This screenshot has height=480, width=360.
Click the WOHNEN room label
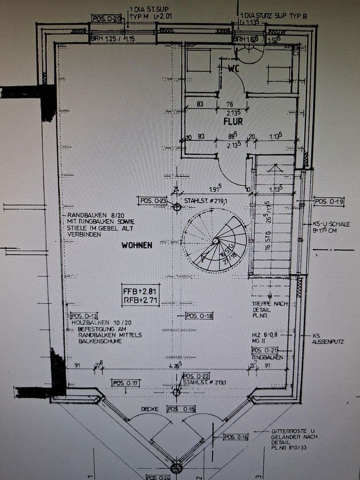coord(137,245)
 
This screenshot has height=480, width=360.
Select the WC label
coord(234,69)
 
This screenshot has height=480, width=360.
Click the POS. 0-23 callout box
coord(152,201)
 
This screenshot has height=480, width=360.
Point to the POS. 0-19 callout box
coord(329,202)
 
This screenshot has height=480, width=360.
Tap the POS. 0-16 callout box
coord(236,437)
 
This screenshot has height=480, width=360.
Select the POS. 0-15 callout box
coord(181,409)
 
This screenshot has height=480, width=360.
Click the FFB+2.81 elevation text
coord(140,292)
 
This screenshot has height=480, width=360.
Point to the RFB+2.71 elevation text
coord(140,301)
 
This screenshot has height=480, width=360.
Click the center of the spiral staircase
coord(215,241)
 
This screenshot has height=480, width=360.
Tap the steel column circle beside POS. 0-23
coord(177,207)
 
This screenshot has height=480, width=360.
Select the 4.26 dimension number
coord(175,366)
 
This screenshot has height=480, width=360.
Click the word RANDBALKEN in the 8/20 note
coord(84,215)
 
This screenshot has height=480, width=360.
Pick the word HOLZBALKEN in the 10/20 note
coord(88,322)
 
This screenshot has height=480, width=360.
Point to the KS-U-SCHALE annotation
coord(331,224)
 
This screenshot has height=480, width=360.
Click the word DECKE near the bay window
coord(150,409)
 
